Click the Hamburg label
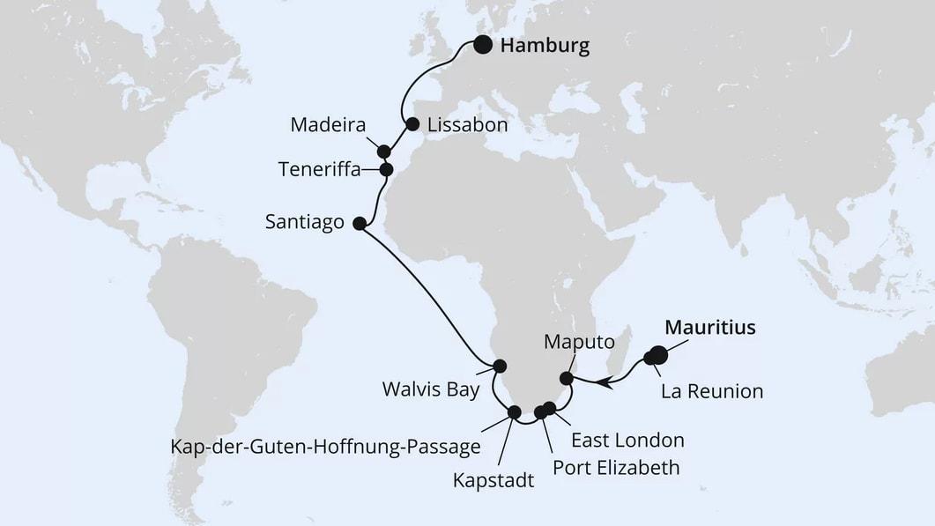click(545, 46)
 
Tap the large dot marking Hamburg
click(483, 45)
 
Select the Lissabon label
click(467, 125)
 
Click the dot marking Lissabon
click(412, 124)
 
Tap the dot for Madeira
click(384, 152)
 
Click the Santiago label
click(304, 223)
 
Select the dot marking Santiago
click(359, 224)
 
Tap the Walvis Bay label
click(431, 388)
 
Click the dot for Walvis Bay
click(500, 366)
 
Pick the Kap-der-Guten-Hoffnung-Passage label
click(326, 447)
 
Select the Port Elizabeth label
click(616, 467)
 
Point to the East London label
click(627, 439)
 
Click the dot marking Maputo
click(566, 379)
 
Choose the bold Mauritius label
click(709, 328)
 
